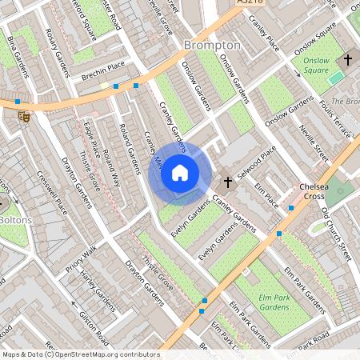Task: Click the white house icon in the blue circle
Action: point(180,172)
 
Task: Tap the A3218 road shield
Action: point(250,4)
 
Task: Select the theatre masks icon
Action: point(24,115)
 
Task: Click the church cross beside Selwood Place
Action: point(227,183)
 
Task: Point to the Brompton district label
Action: point(212,46)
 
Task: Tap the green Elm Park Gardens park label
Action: point(274,302)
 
